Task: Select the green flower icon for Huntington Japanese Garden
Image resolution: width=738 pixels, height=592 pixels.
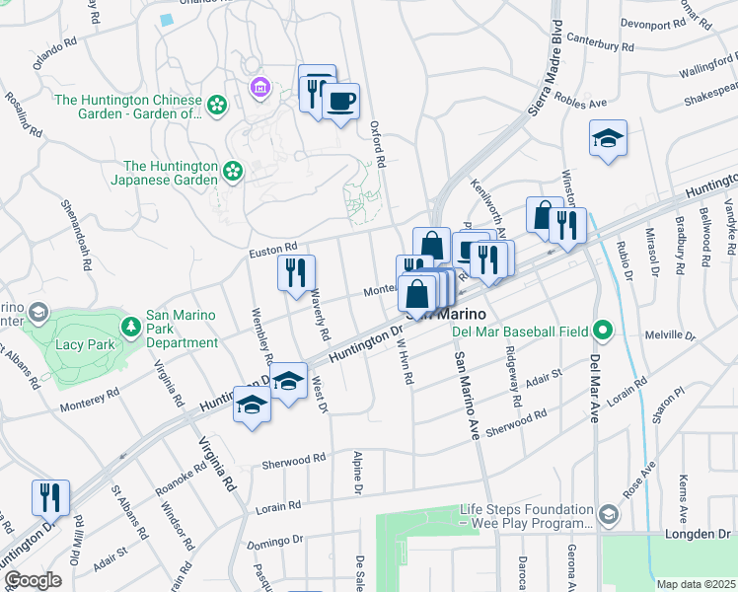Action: pyautogui.click(x=233, y=173)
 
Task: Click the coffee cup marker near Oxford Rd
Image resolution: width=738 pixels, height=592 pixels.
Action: pyautogui.click(x=341, y=102)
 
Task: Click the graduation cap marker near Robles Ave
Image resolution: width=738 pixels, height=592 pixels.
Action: pyautogui.click(x=608, y=139)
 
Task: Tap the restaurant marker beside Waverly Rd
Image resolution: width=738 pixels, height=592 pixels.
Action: pyautogui.click(x=296, y=272)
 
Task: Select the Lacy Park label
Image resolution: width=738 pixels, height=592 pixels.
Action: pyautogui.click(x=85, y=345)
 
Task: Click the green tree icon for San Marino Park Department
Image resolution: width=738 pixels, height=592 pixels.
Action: pyautogui.click(x=129, y=325)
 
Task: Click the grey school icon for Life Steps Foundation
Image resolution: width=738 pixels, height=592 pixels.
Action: pyautogui.click(x=610, y=514)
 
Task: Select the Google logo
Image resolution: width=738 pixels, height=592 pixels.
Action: pyautogui.click(x=33, y=580)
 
